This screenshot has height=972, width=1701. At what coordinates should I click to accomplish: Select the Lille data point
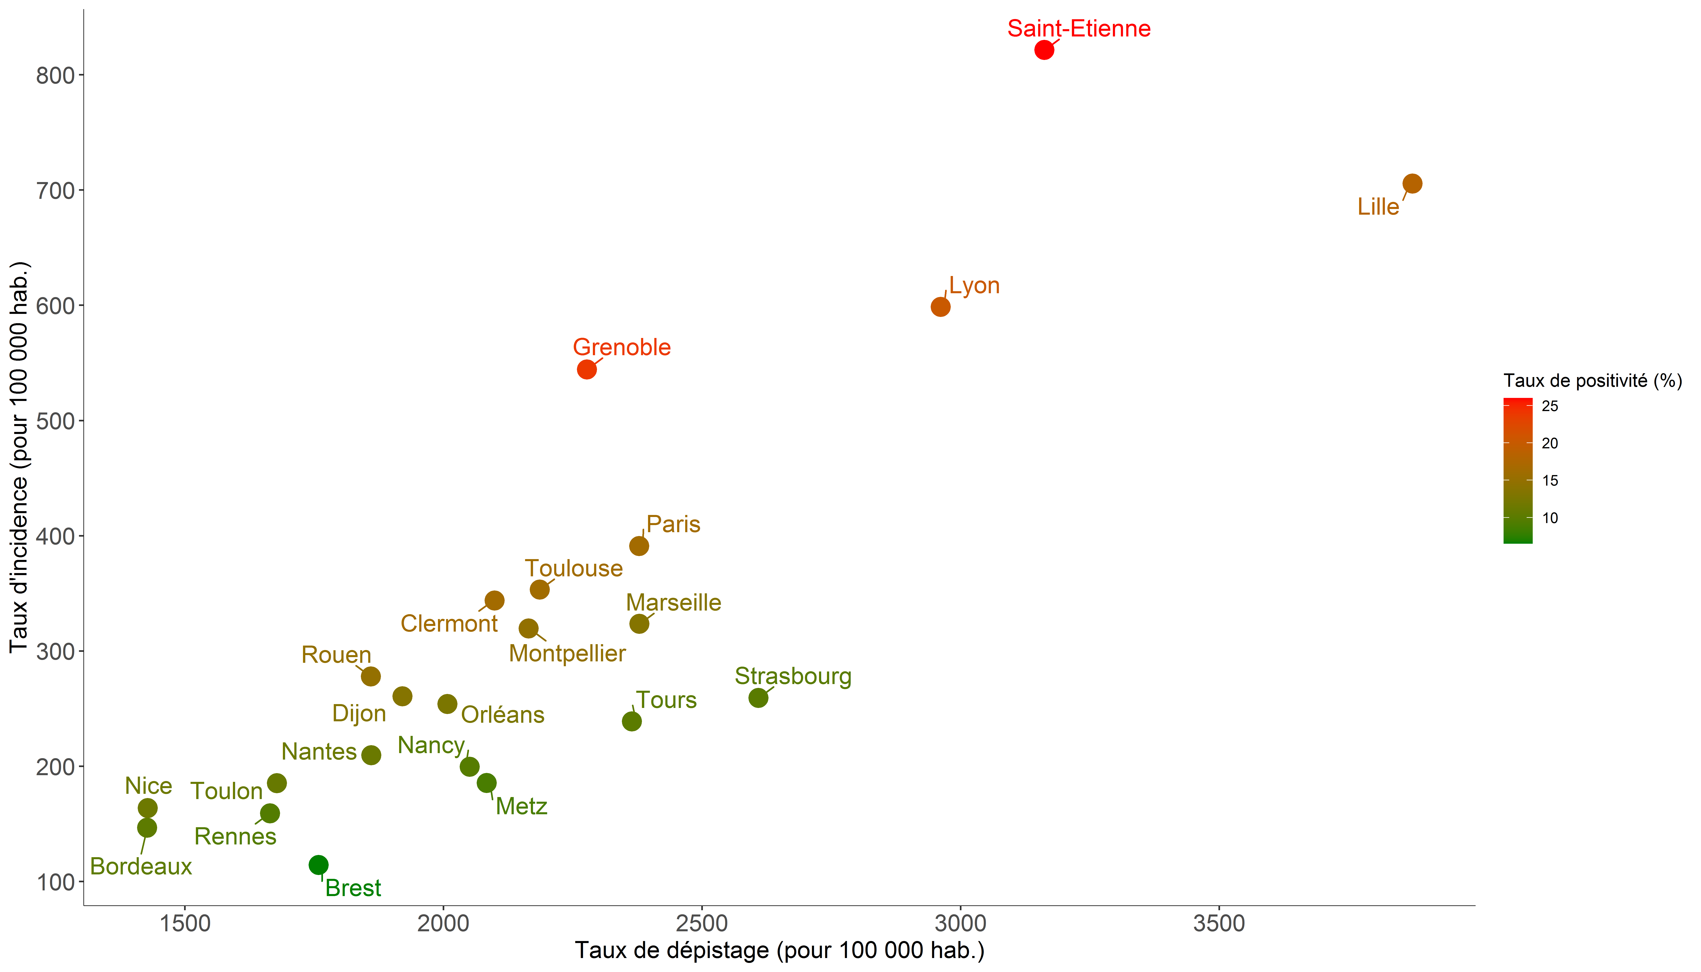[x=1412, y=184]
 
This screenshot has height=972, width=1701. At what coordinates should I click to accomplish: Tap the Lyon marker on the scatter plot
[x=940, y=307]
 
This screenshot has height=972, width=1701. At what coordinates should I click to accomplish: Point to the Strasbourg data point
[x=758, y=698]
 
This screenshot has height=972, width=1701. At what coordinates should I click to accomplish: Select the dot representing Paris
[x=639, y=546]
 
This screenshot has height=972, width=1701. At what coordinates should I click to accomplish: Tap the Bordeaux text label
[x=141, y=866]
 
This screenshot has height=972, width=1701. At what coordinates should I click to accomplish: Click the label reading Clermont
[x=449, y=623]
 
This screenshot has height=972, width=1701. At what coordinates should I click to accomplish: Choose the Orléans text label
[x=503, y=715]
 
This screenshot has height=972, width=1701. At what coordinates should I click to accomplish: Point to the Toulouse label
[x=573, y=568]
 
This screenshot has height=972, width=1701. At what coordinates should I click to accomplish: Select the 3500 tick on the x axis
[x=1219, y=924]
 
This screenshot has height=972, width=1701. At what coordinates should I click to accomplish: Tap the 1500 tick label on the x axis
[x=184, y=924]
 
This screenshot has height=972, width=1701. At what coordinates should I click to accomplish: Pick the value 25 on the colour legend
[x=1550, y=406]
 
